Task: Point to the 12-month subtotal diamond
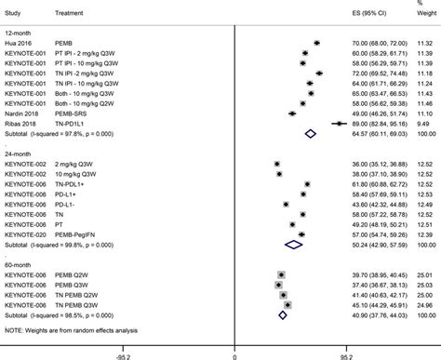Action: (310, 133)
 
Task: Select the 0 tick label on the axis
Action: (234, 353)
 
